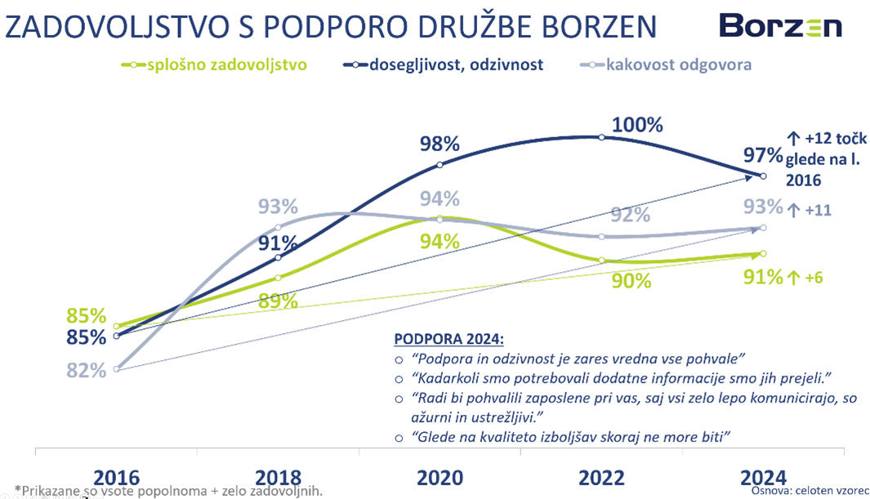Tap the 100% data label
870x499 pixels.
[637, 125]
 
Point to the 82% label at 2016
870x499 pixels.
[87, 370]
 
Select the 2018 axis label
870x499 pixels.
[278, 478]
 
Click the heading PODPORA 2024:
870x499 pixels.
[448, 339]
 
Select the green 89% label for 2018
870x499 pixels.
[278, 301]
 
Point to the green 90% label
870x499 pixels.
[631, 281]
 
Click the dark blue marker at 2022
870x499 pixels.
[602, 137]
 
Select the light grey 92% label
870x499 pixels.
[631, 215]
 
